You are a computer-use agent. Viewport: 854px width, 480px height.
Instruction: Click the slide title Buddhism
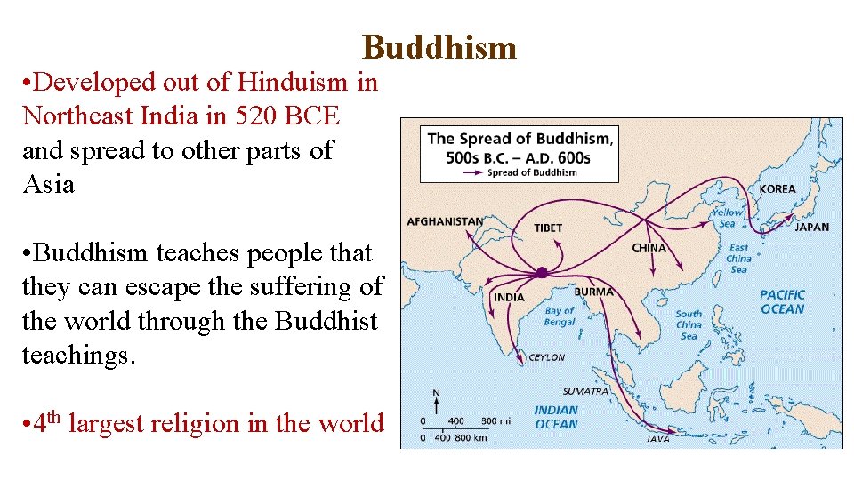tap(439, 46)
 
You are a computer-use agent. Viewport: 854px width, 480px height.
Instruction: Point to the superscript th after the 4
tap(53, 415)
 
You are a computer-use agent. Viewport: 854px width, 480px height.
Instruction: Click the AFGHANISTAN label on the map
tap(445, 222)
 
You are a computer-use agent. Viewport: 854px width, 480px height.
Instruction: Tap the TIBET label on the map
tap(548, 228)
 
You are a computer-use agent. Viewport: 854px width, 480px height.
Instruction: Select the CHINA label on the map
tap(649, 247)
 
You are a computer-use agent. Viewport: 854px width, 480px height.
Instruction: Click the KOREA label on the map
tap(777, 189)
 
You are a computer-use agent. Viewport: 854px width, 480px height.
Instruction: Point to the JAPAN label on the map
tap(811, 227)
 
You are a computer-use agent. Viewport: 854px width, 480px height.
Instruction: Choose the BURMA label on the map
tap(593, 292)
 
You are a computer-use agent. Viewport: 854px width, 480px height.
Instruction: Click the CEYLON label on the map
tap(546, 357)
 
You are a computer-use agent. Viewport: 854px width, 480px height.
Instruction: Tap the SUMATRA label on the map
tap(585, 391)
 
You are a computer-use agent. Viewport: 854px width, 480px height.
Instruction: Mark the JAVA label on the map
tap(658, 437)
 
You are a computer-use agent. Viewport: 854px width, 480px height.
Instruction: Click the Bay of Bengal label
tap(560, 316)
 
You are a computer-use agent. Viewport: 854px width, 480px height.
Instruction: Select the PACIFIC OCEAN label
tap(782, 301)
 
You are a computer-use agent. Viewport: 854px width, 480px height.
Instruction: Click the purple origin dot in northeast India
tap(541, 272)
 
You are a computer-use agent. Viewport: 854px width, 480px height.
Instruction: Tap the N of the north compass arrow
tap(435, 392)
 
